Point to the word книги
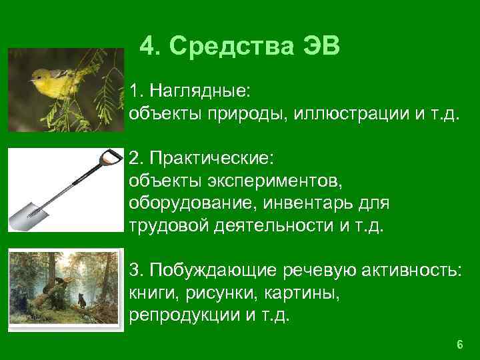[147, 293]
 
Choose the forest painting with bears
[65, 287]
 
